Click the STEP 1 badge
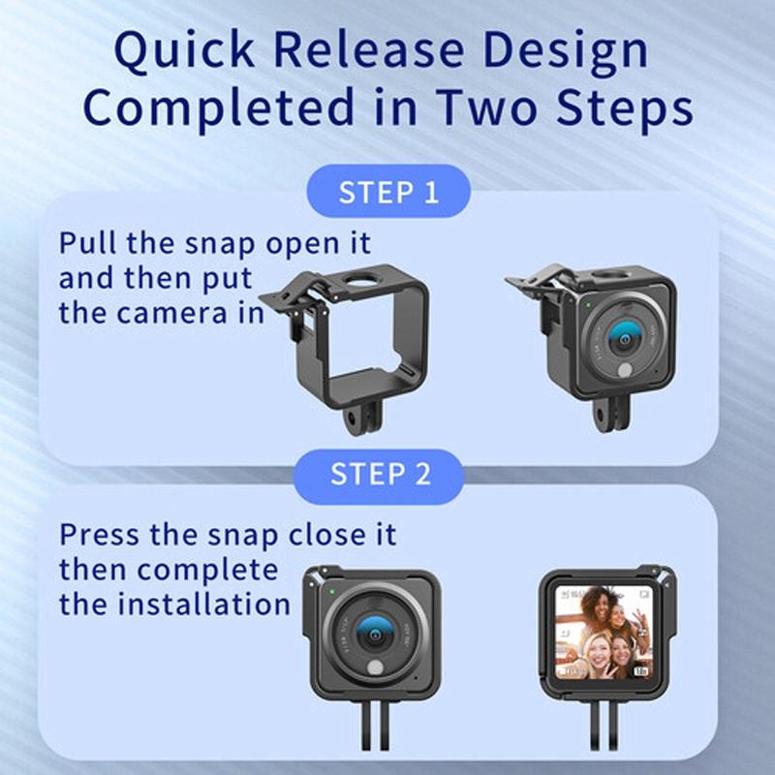[x=388, y=192]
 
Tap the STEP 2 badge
[x=379, y=474]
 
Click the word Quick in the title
[x=184, y=51]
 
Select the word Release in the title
[x=368, y=50]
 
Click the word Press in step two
[x=99, y=534]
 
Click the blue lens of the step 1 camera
[x=625, y=338]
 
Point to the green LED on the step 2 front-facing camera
[x=332, y=592]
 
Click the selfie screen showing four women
[x=604, y=633]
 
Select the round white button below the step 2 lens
[x=375, y=667]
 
